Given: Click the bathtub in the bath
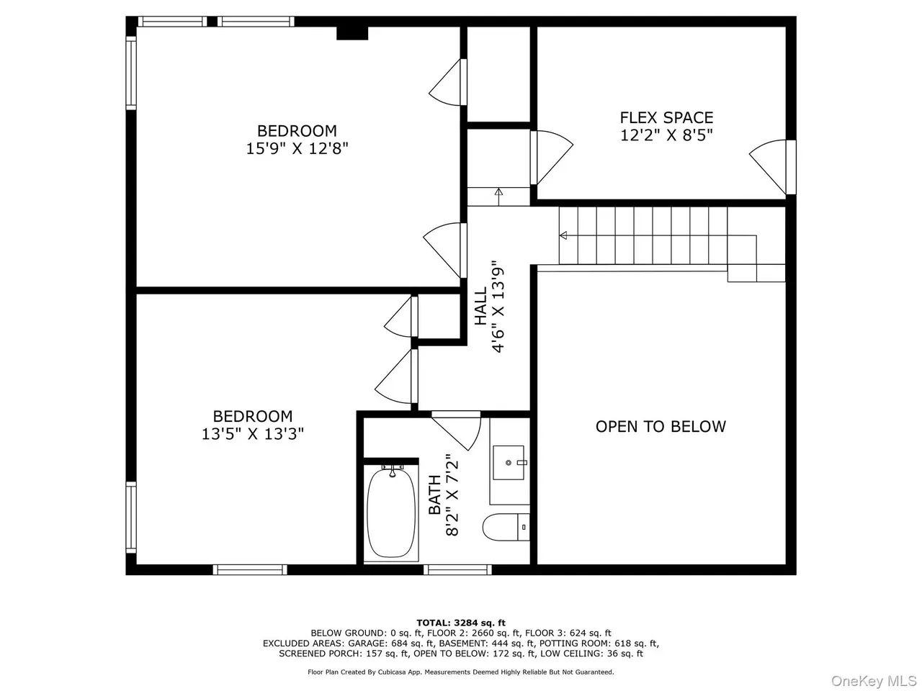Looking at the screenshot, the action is tap(390, 512).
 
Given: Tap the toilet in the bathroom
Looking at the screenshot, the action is tap(506, 527).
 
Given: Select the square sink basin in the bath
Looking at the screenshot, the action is tap(509, 462).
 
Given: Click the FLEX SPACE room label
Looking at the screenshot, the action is tap(666, 117).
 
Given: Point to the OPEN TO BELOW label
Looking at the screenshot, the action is tap(661, 426).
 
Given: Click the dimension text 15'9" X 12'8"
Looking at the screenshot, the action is tap(297, 148).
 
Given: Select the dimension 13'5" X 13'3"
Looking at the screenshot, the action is tap(252, 434).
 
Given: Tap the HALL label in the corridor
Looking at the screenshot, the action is tap(480, 306).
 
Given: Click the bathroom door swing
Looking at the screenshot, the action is tap(457, 430).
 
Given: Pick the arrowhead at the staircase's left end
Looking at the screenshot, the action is tap(563, 235).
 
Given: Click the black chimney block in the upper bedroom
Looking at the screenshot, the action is tap(352, 33).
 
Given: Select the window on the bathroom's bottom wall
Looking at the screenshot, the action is tap(457, 569).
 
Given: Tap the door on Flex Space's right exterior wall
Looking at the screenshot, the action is tap(772, 167).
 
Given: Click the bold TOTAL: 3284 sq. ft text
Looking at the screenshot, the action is tap(461, 623).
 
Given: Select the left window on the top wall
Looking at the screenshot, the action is tap(172, 22).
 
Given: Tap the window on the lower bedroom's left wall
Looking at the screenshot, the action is tap(131, 517).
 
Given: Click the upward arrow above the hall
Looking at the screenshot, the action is tap(498, 197).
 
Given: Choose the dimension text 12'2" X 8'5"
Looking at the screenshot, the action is tap(666, 135).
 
